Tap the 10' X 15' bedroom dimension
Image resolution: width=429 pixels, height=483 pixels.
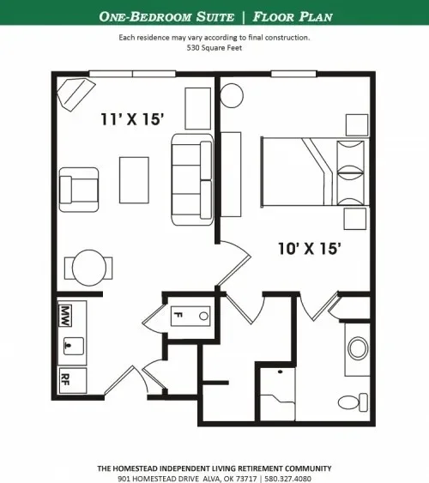pyautogui.click(x=310, y=249)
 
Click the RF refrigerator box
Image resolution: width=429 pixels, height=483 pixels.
pyautogui.click(x=66, y=377)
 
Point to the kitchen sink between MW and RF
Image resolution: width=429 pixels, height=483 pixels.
pyautogui.click(x=71, y=344)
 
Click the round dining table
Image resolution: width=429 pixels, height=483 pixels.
pyautogui.click(x=89, y=267)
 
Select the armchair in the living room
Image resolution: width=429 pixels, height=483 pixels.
pyautogui.click(x=80, y=188)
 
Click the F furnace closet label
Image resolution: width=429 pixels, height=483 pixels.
pyautogui.click(x=178, y=315)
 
